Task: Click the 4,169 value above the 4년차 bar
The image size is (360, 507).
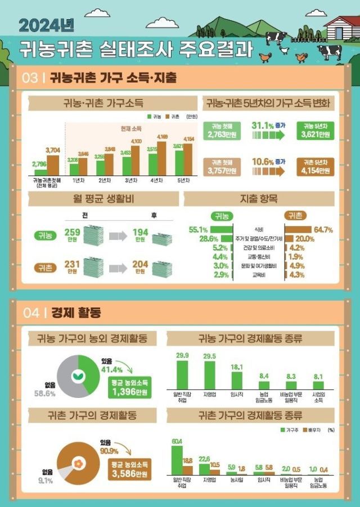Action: [162, 138]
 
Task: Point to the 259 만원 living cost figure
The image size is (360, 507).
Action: [73, 234]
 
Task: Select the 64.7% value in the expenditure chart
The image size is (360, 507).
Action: [323, 229]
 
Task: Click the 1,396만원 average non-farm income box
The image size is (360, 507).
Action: [130, 388]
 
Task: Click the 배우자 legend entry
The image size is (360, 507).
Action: [312, 429]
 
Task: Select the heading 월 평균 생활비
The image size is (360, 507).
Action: [100, 199]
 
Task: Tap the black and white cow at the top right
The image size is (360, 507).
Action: [329, 52]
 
